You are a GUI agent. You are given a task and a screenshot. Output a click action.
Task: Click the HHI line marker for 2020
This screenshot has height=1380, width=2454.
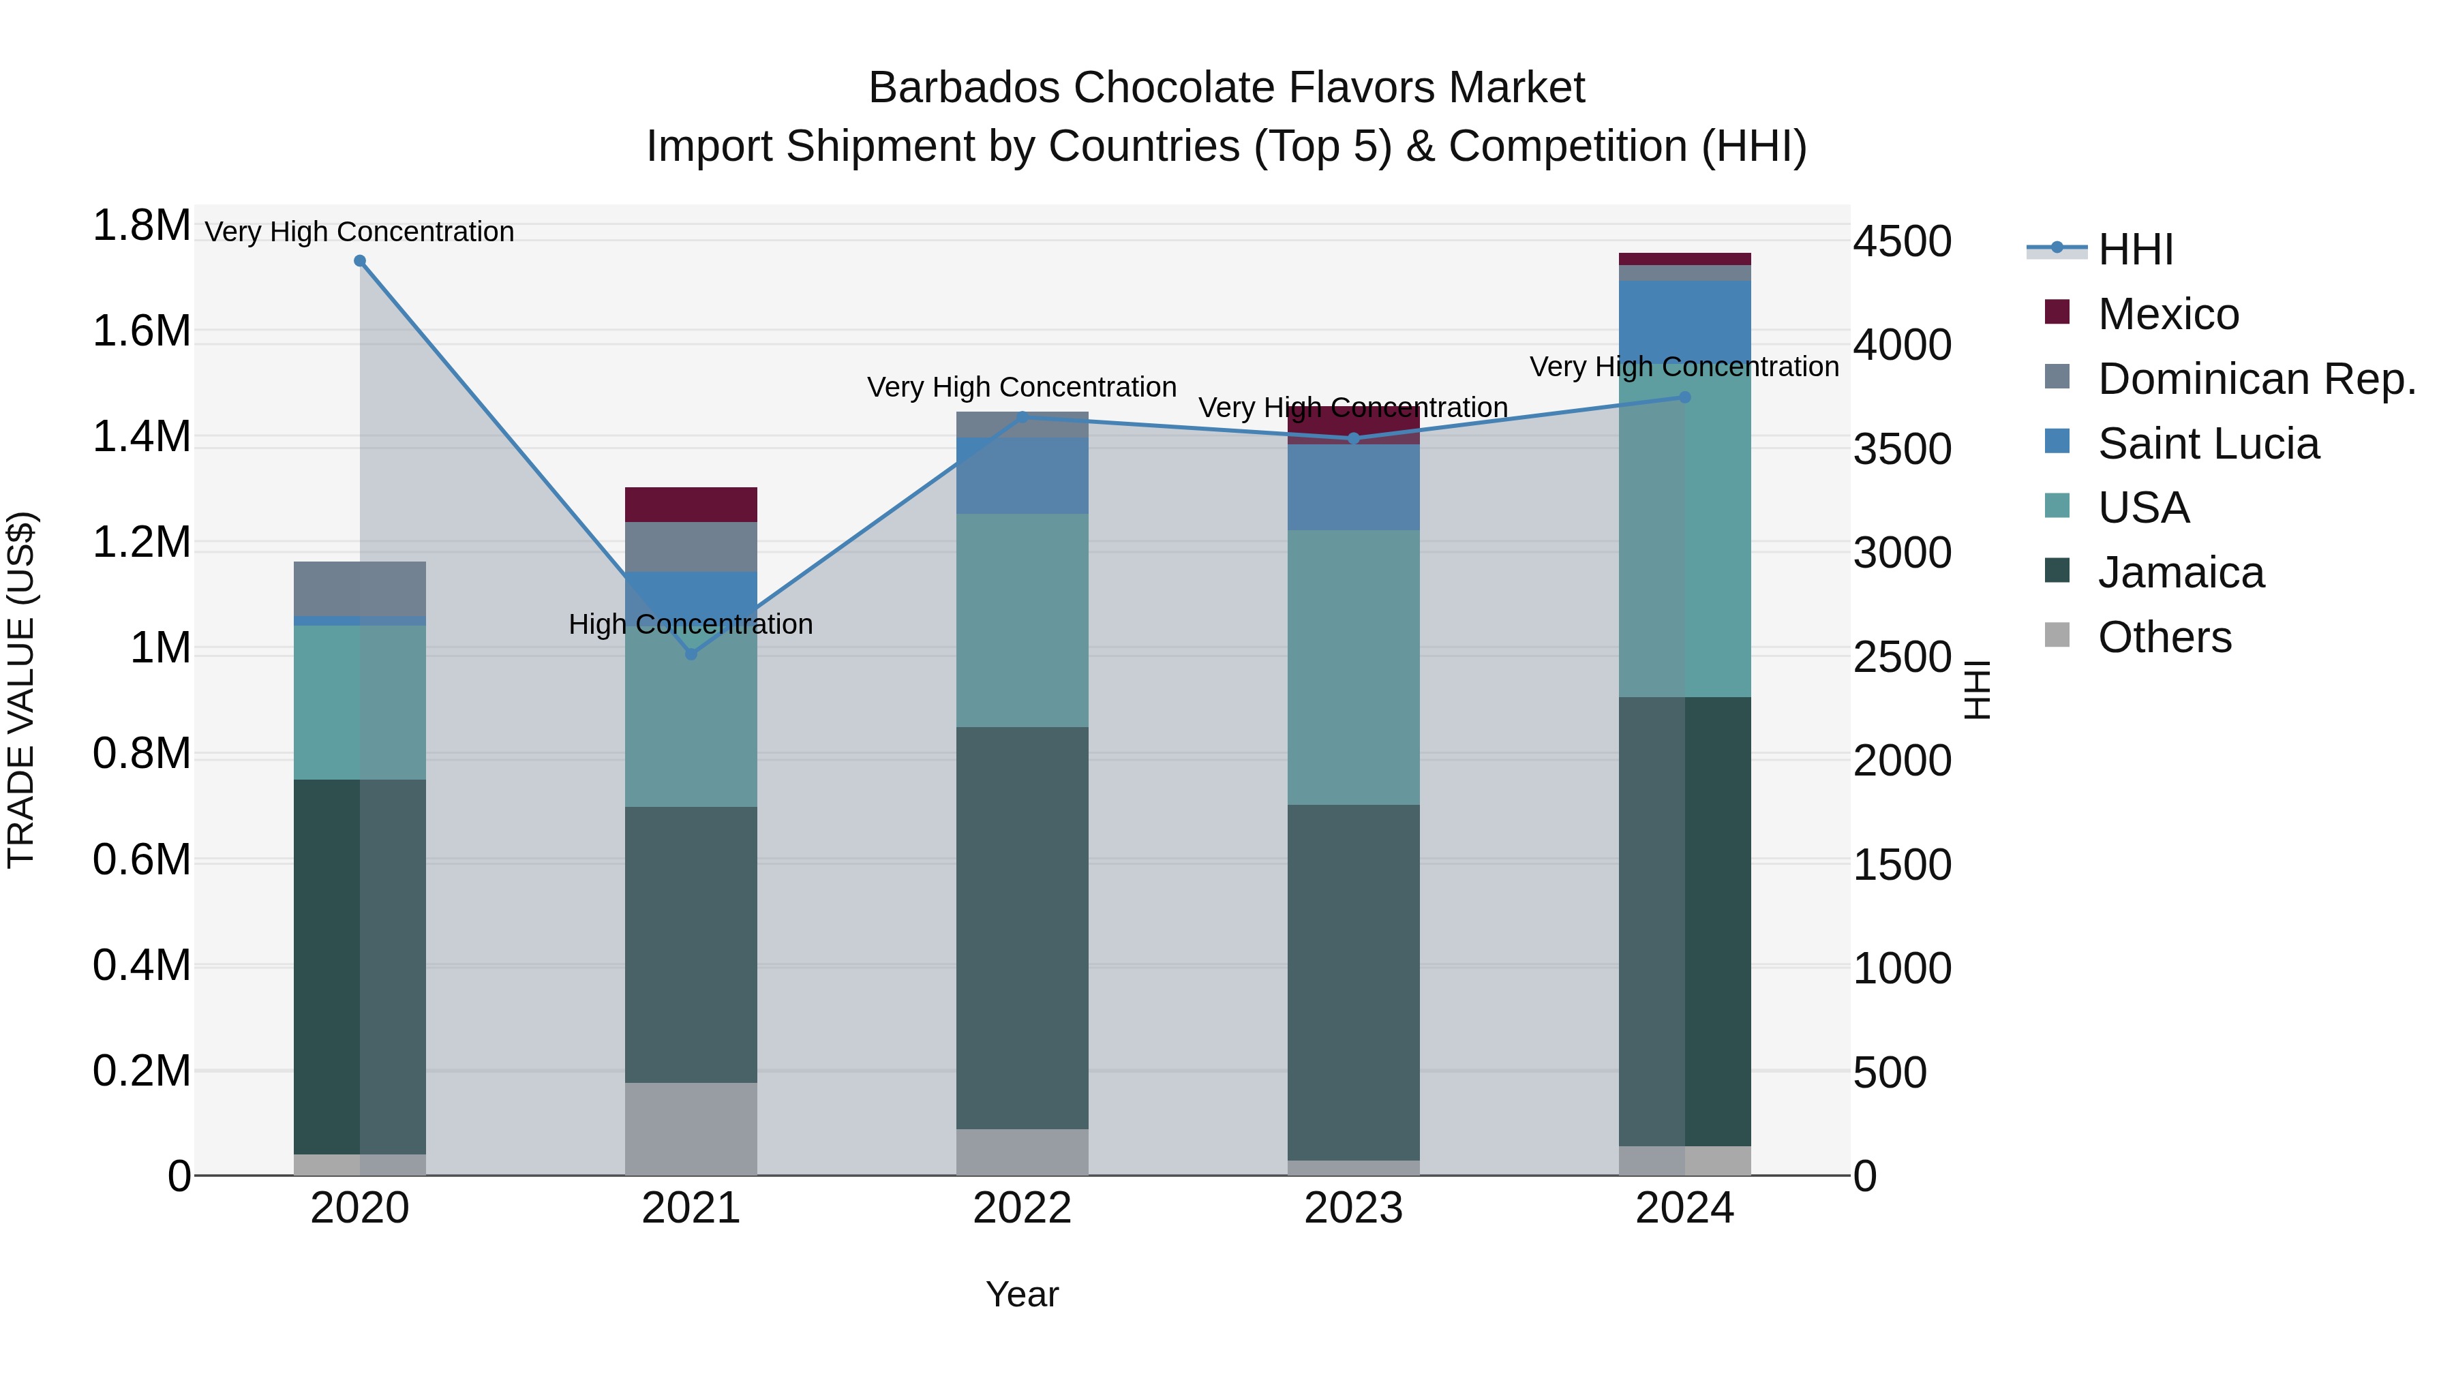pyautogui.click(x=360, y=261)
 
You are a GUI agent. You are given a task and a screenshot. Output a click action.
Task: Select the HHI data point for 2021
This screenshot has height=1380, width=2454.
pyautogui.click(x=692, y=654)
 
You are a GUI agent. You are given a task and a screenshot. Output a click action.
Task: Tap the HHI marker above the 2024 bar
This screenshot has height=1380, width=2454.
pyautogui.click(x=1684, y=397)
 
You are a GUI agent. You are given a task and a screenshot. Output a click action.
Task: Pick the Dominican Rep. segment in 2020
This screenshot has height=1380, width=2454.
pyautogui.click(x=360, y=589)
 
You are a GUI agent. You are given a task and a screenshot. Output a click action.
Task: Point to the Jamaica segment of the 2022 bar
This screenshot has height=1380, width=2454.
pyautogui.click(x=1022, y=929)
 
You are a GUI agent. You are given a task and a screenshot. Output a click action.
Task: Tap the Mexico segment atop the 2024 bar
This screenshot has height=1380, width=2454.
pyautogui.click(x=1684, y=259)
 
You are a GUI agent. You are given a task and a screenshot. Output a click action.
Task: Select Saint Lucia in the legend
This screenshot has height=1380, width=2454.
pyautogui.click(x=2208, y=444)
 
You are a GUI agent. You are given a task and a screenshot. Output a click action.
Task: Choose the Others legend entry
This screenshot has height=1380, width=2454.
pyautogui.click(x=2164, y=637)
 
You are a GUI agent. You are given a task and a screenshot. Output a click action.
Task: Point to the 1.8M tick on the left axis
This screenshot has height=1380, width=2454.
pyautogui.click(x=142, y=227)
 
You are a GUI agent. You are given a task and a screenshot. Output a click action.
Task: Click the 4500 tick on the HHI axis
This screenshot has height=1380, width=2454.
pyautogui.click(x=1901, y=242)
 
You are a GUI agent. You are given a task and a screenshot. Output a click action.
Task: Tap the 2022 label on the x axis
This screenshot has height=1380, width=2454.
pyautogui.click(x=1022, y=1208)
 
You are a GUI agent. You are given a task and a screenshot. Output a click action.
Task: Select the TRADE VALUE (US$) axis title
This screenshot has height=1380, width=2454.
pyautogui.click(x=21, y=690)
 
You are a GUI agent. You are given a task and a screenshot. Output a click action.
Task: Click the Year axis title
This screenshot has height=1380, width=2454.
pyautogui.click(x=1022, y=1294)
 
